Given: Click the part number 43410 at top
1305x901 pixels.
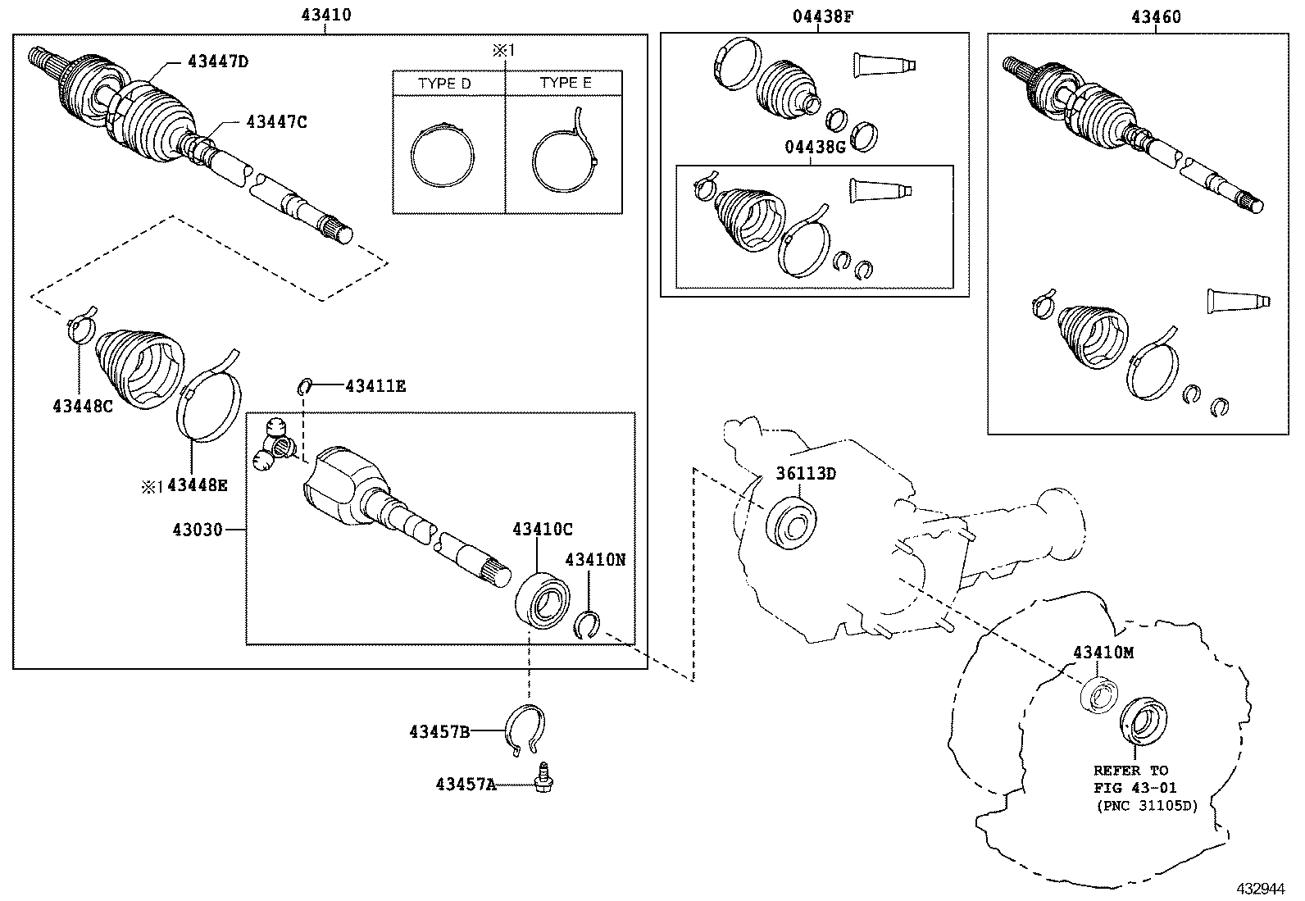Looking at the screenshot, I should point(326,15).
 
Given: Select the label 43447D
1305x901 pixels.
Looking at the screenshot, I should point(218,61).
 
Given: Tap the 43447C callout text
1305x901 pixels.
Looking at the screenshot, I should point(276,122).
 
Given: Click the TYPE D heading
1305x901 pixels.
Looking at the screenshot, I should point(445,84).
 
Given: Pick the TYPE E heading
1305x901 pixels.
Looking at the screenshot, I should point(566,83).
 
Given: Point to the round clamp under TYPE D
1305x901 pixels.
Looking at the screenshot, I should point(443,155).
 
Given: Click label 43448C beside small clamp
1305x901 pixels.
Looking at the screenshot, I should point(83,405).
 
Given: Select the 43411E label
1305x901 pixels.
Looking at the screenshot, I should point(375,385).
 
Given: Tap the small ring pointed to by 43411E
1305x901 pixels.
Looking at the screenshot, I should point(304,385).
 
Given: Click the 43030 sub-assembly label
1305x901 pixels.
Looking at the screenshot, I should point(198,530).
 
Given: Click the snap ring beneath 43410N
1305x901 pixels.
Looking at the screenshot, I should point(588,625).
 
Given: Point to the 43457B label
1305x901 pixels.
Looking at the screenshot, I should point(439,730).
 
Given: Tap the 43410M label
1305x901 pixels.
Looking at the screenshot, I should point(1103,653).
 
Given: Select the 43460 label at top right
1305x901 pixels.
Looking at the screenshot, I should point(1157,16).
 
